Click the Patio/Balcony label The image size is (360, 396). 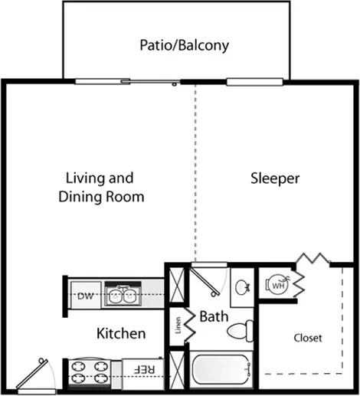[184, 45]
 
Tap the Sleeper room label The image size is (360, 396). [275, 179]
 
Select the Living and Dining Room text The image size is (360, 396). [102, 188]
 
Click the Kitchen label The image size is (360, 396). [121, 334]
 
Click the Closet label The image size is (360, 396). [308, 338]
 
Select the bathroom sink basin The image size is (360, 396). [241, 288]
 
